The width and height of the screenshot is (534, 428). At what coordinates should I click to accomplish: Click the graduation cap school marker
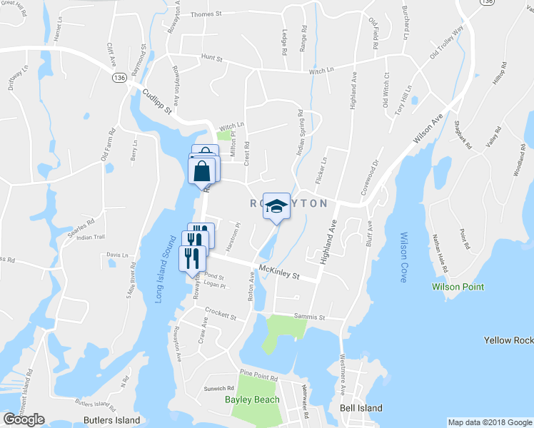pos(276,206)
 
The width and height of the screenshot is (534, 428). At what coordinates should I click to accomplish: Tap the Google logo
pos(24,419)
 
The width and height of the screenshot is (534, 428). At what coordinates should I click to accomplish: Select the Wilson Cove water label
pos(403,257)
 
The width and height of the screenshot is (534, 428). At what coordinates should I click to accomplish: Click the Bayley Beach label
pos(253,399)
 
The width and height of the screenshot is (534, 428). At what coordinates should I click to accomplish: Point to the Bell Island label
pos(361,408)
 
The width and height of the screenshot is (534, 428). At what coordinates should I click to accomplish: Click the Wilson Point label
pos(458,287)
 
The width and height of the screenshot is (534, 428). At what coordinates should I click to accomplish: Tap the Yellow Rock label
pos(508,340)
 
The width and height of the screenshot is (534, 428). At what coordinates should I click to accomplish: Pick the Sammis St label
pos(311,317)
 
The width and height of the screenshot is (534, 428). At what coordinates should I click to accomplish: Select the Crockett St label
pos(220,314)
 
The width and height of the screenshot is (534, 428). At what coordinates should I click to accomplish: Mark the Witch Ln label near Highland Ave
pos(321,71)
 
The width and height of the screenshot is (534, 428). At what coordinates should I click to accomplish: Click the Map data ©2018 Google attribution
pos(489,422)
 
